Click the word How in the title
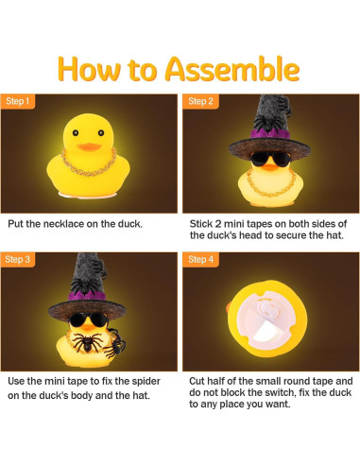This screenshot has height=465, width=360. [x=94, y=70]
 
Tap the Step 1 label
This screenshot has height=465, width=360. [x=18, y=101]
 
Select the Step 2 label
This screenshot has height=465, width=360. [x=200, y=101]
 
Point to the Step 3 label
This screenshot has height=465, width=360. [x=18, y=258]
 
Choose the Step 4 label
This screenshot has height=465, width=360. [x=200, y=258]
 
